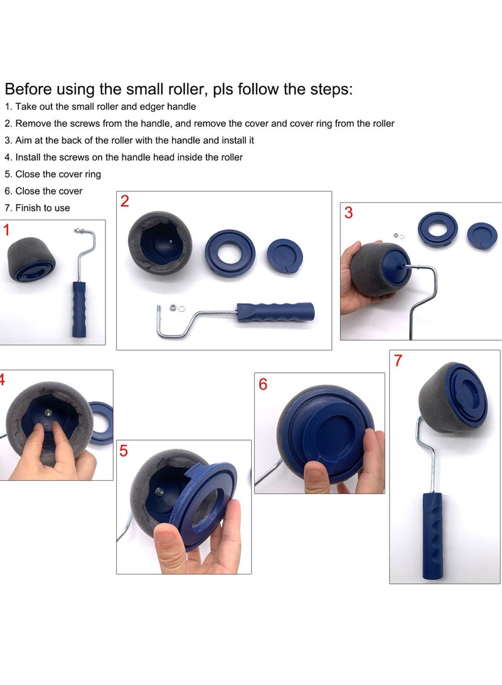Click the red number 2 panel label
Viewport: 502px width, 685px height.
pos(125,202)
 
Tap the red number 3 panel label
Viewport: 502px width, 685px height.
pos(348,213)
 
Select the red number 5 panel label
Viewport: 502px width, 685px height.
pos(124,450)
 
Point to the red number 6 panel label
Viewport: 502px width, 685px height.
pos(263,384)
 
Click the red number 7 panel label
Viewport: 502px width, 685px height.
pos(398,361)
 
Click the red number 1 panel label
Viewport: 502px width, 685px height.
pos(6,230)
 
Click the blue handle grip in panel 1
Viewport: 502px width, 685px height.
pos(79,309)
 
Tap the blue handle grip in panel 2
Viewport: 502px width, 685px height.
pos(275,312)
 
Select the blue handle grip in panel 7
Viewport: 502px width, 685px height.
pos(432,536)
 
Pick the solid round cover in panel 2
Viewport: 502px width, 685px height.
pos(284,256)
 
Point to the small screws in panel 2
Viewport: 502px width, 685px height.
pos(176,308)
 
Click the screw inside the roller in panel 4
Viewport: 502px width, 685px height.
pos(48,411)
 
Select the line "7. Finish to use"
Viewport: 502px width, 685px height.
pos(38,208)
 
